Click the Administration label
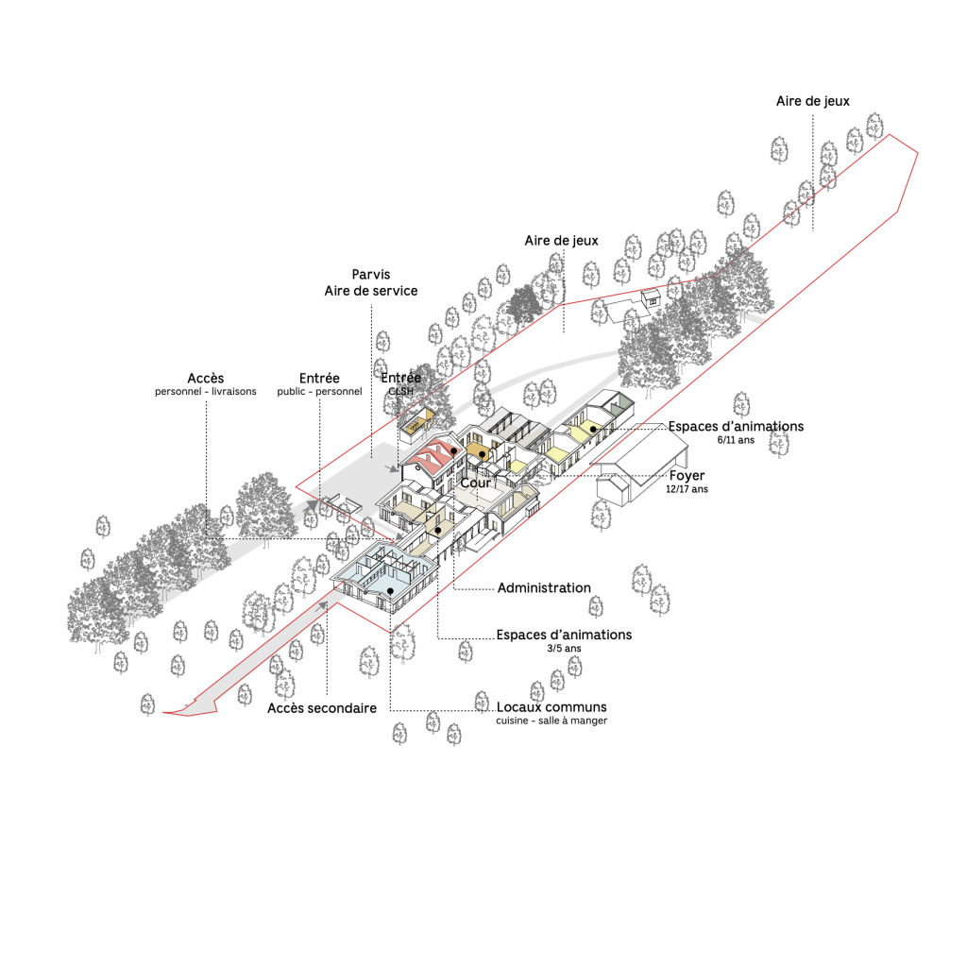(543, 588)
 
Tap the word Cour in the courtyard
(475, 483)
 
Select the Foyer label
(687, 476)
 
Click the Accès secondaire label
(322, 707)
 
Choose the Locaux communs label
(551, 707)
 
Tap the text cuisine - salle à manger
(551, 721)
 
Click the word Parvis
(370, 275)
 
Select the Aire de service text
(370, 291)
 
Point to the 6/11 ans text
(736, 440)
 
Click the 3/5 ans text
(564, 648)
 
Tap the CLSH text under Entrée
(400, 390)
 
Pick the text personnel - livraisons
(205, 392)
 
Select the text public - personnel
(319, 392)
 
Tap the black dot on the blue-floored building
(389, 592)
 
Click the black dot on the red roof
(454, 452)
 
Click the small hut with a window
(650, 298)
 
